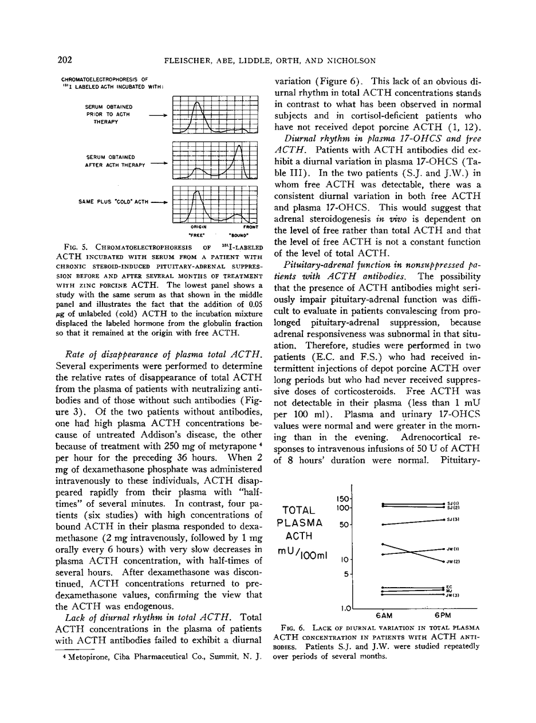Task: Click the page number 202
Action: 64,60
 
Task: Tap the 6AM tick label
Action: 383,616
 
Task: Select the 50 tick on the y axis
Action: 345,525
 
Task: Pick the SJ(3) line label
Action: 452,519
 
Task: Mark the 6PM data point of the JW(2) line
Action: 444,561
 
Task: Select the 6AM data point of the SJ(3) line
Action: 383,525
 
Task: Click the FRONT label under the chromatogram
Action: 250,227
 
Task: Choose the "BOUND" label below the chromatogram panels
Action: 238,235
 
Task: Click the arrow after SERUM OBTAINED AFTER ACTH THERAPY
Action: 157,162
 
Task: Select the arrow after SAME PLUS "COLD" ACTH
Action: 157,202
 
